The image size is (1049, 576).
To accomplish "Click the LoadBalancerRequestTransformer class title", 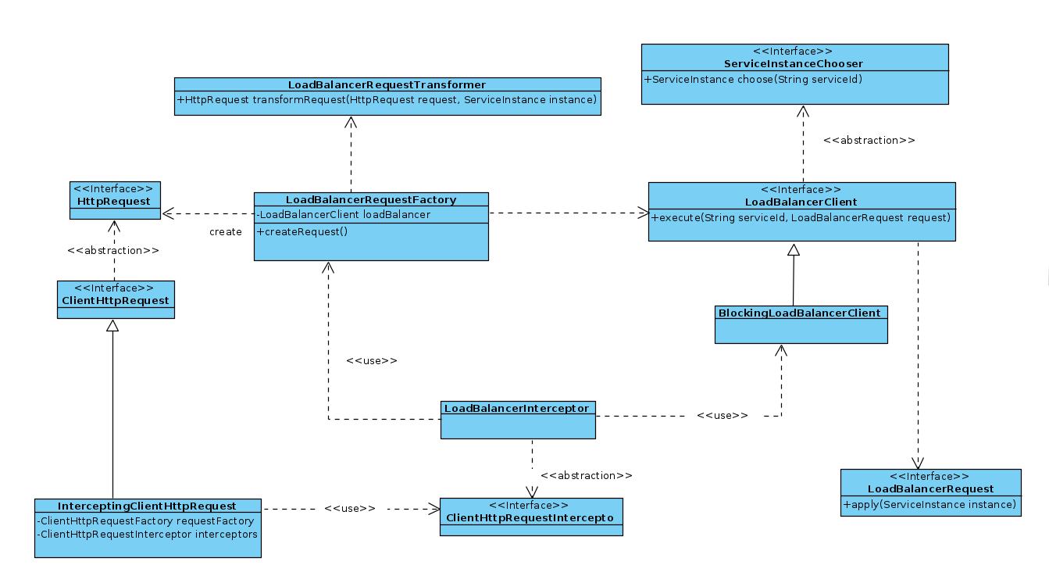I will pos(387,84).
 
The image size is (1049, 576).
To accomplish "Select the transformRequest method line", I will pos(387,100).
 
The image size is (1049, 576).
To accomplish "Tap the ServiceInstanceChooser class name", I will pos(794,63).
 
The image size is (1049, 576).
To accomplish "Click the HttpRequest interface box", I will pos(115,201).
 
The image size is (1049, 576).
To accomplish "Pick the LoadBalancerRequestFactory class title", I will pos(371,200).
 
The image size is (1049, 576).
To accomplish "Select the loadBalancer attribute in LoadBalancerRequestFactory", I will pos(344,215).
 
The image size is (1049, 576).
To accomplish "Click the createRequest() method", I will pos(301,231).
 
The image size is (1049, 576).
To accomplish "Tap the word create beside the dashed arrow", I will pos(226,232).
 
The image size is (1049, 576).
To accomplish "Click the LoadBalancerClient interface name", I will pos(801,202).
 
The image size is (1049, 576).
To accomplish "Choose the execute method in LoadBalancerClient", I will pos(801,216).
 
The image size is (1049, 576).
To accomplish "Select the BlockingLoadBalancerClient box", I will pos(801,324).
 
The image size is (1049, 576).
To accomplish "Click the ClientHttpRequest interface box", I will pos(116,299).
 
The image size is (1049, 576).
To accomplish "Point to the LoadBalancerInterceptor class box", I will pos(517,420).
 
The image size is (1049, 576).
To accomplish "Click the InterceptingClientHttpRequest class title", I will pos(147,506).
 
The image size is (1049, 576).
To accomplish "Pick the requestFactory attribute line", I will pos(145,521).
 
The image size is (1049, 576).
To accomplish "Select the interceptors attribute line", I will pos(147,535).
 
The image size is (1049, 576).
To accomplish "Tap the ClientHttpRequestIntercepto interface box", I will pos(531,517).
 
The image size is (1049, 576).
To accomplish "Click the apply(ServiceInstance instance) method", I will pos(929,506).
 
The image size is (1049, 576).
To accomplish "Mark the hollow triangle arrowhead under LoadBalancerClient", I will pos(794,250).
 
